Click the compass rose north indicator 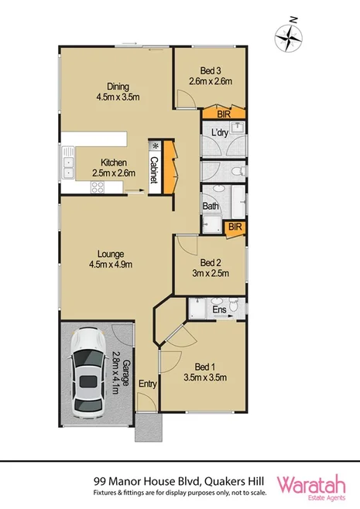pos(290,34)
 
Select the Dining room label pos(113,91)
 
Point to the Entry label pos(146,384)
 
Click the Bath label pos(210,207)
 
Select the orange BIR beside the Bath pos(235,226)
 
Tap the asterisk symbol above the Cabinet pos(155,145)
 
